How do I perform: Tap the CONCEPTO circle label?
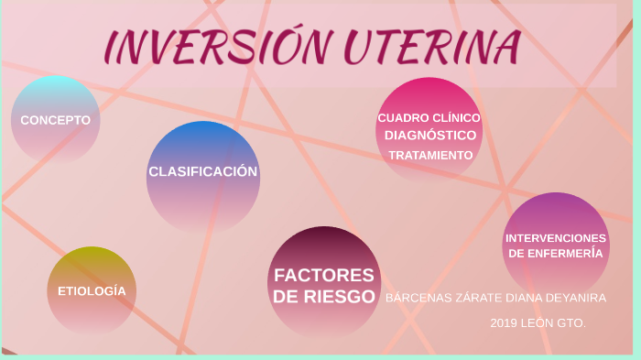[x=55, y=120]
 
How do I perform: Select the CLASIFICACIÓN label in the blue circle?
[x=202, y=171]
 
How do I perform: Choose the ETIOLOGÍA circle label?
[x=92, y=290]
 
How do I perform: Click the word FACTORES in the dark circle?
[x=324, y=275]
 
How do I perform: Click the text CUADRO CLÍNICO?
[x=429, y=117]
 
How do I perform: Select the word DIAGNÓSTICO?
[x=429, y=136]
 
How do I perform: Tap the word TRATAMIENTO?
[x=430, y=155]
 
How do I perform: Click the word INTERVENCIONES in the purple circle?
[x=556, y=238]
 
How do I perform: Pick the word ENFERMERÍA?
[x=567, y=253]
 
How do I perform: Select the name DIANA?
[x=521, y=298]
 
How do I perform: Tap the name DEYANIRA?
[x=576, y=298]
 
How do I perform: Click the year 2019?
[x=504, y=323]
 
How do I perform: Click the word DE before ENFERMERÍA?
[x=517, y=253]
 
